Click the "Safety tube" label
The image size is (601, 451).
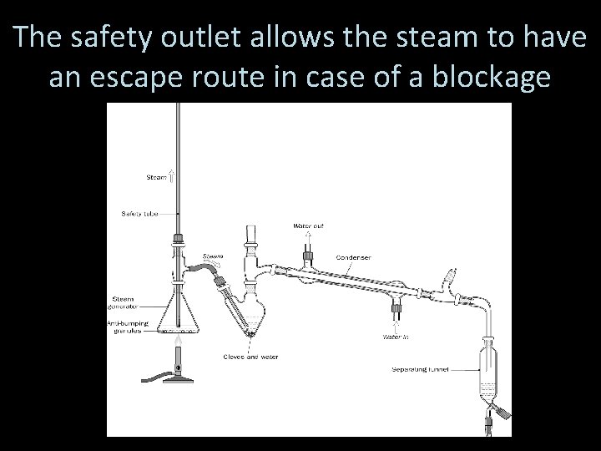click(139, 213)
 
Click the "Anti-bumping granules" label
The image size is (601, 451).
click(127, 326)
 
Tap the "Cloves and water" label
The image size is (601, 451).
click(251, 357)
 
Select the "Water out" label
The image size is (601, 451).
click(309, 225)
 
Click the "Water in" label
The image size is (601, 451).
click(395, 337)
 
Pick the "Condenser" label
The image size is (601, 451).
click(354, 256)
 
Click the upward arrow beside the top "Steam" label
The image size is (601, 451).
click(171, 176)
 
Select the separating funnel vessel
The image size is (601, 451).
click(487, 368)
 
